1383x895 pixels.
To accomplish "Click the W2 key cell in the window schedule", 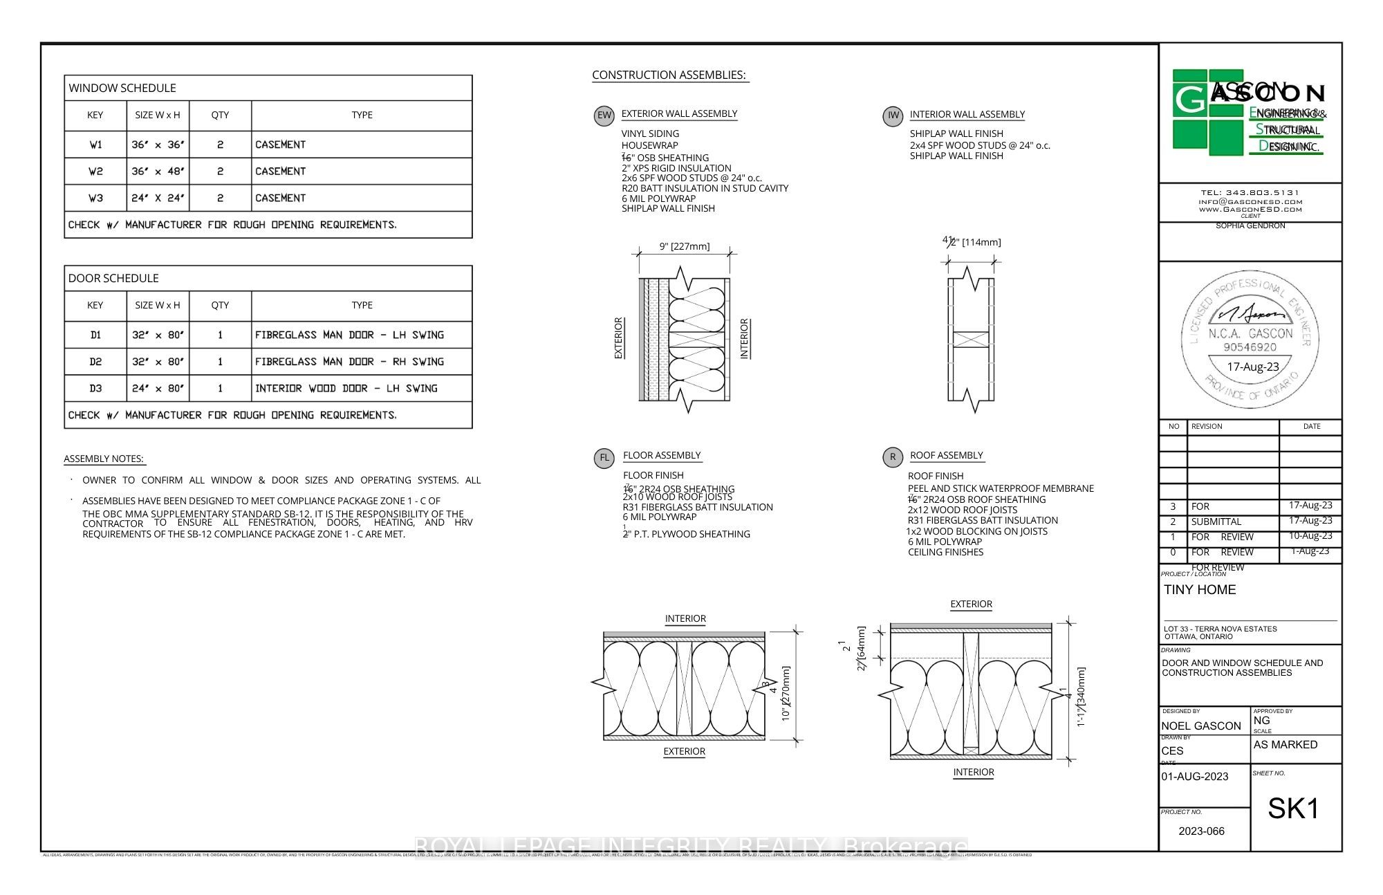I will point(95,172).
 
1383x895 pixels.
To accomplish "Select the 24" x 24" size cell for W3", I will point(158,199).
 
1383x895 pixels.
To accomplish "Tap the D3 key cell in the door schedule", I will point(95,389).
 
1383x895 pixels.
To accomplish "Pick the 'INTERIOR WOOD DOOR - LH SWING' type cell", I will point(346,389).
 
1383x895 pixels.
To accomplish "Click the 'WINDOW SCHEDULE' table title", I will point(122,88).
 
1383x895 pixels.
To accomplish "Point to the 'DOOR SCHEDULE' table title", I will point(113,278).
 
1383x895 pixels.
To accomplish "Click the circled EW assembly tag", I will point(604,116).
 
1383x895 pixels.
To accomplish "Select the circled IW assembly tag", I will point(893,116).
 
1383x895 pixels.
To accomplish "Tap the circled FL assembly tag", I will point(604,458).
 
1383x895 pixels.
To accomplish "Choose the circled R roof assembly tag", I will point(893,457).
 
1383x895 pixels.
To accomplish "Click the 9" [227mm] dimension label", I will point(684,246).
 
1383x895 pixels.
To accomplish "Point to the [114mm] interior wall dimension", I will point(981,242).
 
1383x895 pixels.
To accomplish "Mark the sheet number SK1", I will point(1293,809).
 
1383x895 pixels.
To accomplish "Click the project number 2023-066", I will point(1201,831).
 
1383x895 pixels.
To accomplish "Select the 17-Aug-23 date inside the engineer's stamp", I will point(1252,367).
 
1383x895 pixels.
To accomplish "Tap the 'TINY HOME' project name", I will point(1200,590).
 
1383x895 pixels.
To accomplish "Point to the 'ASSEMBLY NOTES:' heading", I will point(104,459).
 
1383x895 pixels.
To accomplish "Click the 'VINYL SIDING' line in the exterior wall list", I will point(650,133).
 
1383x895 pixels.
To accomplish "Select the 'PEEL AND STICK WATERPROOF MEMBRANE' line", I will point(1001,488).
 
